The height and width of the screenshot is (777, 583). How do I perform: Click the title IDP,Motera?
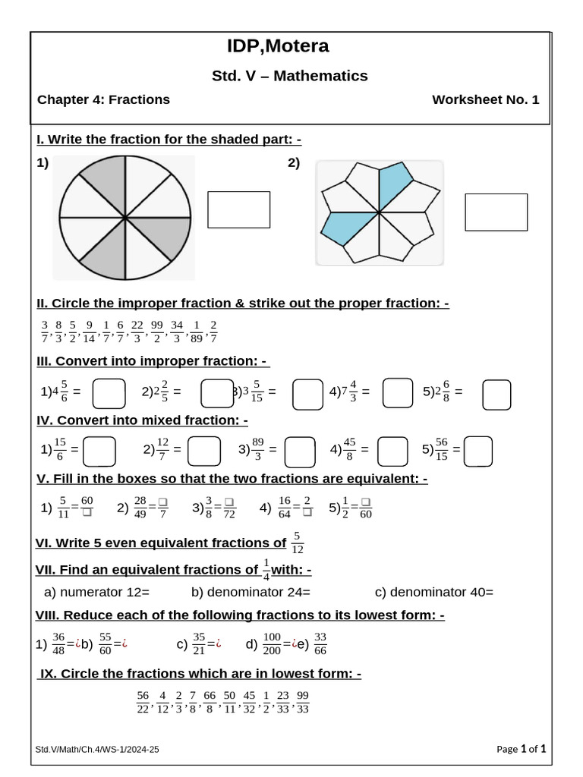[278, 46]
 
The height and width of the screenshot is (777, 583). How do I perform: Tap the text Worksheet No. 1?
[485, 99]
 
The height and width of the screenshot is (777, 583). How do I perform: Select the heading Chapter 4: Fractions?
[104, 99]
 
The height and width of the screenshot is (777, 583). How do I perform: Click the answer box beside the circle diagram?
[238, 209]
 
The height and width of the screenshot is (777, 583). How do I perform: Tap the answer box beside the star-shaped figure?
[496, 212]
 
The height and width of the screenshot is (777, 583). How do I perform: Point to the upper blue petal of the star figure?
[394, 186]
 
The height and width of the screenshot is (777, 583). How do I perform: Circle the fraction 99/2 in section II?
[158, 331]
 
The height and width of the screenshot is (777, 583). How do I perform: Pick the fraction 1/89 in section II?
[197, 331]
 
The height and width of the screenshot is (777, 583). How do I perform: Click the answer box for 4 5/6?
[109, 393]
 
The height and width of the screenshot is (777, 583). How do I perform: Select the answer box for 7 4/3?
[398, 393]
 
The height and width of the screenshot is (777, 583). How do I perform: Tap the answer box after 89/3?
[299, 451]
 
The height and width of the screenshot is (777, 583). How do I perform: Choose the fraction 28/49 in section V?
[140, 508]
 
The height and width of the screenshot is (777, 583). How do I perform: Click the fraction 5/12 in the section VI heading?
[298, 543]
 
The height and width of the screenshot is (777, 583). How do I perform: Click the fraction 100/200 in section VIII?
[271, 645]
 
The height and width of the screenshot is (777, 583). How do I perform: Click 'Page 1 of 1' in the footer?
[521, 749]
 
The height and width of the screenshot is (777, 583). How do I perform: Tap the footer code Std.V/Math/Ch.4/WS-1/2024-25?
[98, 750]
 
